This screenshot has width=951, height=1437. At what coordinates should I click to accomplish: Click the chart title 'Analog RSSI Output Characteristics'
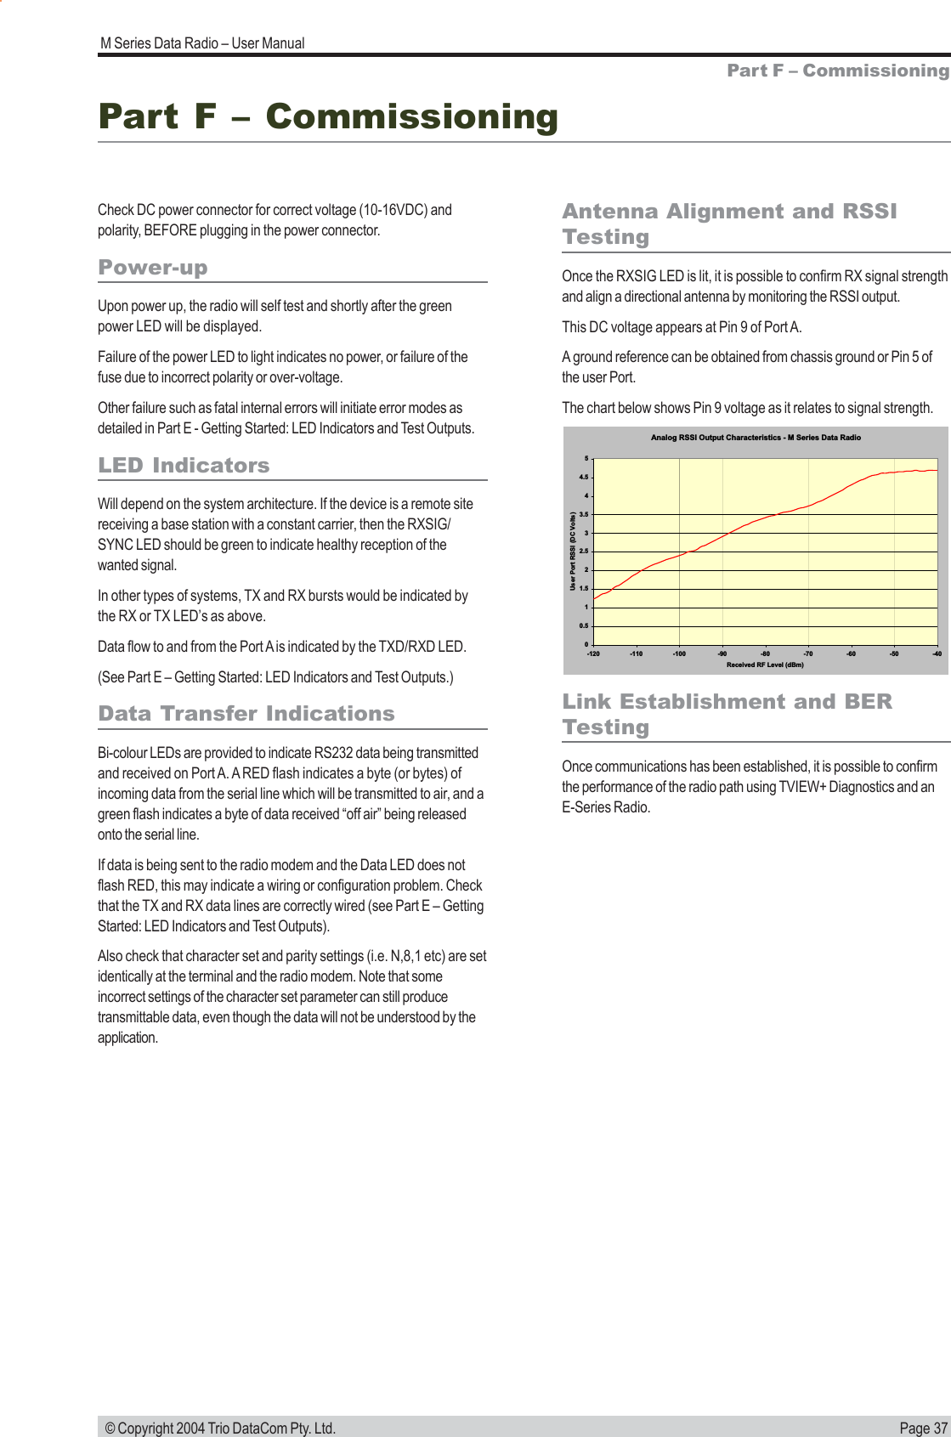coord(756,438)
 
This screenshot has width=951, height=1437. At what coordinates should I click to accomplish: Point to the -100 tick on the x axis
coord(679,653)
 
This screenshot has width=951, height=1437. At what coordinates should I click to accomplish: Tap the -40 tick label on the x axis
coord(937,653)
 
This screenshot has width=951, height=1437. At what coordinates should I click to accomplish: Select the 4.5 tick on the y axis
coord(585,478)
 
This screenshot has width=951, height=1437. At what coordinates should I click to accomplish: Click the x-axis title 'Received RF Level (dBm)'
coord(765,665)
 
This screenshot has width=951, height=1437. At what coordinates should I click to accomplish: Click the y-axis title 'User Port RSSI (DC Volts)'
coord(573,552)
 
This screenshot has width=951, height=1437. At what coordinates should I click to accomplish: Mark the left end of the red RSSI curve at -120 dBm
coord(594,599)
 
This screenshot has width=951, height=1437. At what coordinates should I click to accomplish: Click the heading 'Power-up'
coord(153,268)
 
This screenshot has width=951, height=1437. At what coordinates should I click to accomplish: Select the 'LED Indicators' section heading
coord(184,466)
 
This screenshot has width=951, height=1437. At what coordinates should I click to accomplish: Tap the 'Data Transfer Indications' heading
coord(246,714)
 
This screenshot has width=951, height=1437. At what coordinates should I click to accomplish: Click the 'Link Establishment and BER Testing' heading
coord(727,714)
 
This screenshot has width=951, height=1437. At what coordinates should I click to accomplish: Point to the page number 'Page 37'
coord(923,1428)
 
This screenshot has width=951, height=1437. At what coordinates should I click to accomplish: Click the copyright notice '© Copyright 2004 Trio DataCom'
coord(220,1428)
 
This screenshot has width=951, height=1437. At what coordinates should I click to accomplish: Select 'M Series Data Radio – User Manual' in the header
coord(202,43)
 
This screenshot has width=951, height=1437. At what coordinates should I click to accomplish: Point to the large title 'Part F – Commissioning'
coord(328,116)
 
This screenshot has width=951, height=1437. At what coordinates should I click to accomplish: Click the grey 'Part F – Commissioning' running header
coord(838,71)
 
